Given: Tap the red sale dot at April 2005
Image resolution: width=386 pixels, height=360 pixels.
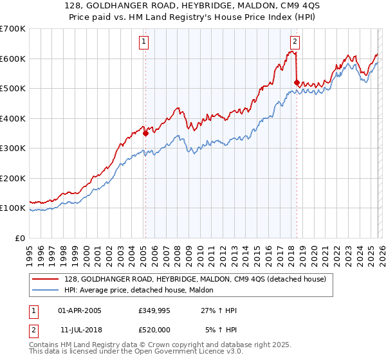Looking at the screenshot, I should coord(145,134).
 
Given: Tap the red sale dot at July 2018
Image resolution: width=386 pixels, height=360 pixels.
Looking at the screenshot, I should coord(297,82).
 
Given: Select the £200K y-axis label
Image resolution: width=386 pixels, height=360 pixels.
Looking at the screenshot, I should coord(13,178).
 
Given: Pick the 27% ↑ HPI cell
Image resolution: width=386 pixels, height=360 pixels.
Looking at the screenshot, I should coord(219,310).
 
